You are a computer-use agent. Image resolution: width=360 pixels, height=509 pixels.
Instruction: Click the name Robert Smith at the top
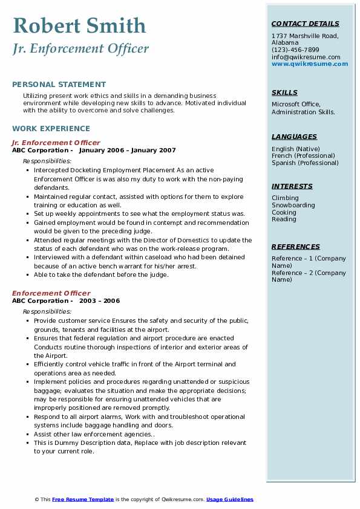tap(79, 26)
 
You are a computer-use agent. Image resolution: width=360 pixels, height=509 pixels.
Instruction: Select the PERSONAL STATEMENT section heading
tap(59, 85)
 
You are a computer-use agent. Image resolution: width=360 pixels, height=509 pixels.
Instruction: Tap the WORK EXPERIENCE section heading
tap(51, 129)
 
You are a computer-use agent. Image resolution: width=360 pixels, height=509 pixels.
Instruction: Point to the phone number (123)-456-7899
tap(295, 50)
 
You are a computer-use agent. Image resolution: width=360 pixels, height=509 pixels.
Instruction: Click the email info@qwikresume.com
tap(306, 57)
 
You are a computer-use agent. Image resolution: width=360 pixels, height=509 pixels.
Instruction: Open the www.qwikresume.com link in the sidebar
tap(310, 64)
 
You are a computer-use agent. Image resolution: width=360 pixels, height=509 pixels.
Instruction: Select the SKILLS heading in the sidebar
tap(284, 92)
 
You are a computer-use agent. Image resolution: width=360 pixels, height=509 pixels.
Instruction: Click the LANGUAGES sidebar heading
tap(294, 137)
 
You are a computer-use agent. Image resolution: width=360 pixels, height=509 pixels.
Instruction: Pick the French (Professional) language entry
tap(303, 156)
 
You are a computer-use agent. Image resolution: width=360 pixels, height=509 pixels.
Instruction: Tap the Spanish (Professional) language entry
tap(305, 163)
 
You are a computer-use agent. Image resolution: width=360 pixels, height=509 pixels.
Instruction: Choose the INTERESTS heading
tap(292, 186)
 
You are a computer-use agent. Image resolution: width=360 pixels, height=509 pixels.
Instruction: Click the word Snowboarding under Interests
tap(293, 206)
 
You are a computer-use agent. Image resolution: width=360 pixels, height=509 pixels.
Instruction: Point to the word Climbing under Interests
tap(285, 198)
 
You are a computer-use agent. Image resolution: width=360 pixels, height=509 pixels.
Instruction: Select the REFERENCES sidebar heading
tap(296, 247)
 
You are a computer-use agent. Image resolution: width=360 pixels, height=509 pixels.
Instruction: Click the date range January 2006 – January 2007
tap(127, 151)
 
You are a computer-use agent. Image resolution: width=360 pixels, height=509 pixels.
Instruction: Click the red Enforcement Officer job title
tap(51, 294)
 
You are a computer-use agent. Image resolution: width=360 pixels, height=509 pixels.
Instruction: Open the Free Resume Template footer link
tap(83, 499)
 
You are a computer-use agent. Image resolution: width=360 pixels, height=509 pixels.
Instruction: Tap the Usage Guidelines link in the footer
tap(229, 499)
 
